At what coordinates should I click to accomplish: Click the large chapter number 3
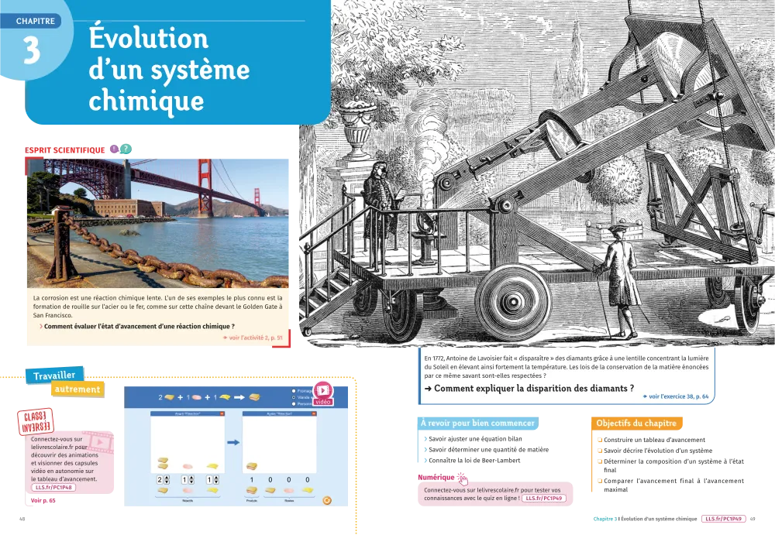[x=32, y=51]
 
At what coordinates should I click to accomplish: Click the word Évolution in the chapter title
[x=148, y=39]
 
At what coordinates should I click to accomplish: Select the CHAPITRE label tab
[x=36, y=21]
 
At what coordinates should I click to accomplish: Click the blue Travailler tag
[x=54, y=376]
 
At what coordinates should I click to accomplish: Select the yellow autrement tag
[x=77, y=390]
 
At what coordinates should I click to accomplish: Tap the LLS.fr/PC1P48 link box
[x=56, y=488]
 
